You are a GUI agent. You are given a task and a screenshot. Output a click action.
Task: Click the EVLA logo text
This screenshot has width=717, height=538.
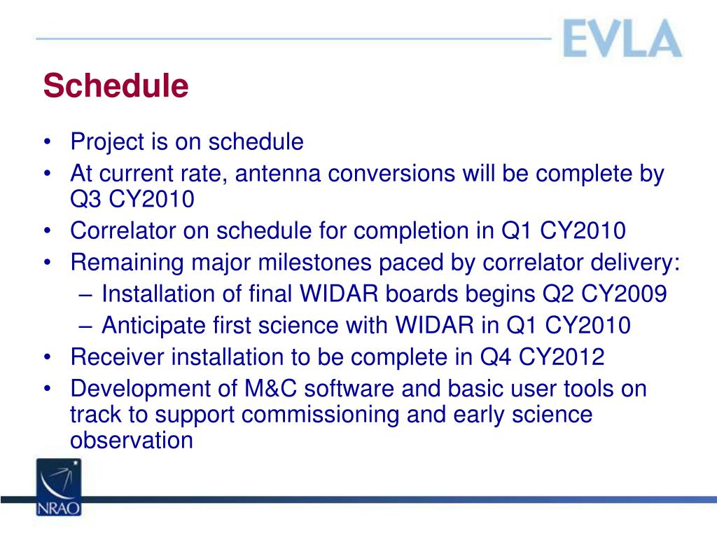click(622, 39)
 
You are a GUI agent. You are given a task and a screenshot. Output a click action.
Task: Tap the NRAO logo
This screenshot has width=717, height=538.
click(59, 488)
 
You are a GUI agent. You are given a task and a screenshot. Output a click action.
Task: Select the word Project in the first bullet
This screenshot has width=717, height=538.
click(107, 142)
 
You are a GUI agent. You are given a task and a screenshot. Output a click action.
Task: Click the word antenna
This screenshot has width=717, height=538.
click(277, 174)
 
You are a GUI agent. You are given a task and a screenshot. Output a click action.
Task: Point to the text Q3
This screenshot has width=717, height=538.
click(85, 200)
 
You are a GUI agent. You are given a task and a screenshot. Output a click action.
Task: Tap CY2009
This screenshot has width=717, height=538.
click(624, 294)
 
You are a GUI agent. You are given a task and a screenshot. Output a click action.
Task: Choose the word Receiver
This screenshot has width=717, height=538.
click(117, 357)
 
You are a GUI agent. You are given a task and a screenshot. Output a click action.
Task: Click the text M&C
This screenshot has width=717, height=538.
click(271, 389)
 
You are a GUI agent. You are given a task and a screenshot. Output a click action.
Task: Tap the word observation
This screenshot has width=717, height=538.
click(132, 440)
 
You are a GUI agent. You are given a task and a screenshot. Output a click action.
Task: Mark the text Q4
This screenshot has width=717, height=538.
click(495, 357)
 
